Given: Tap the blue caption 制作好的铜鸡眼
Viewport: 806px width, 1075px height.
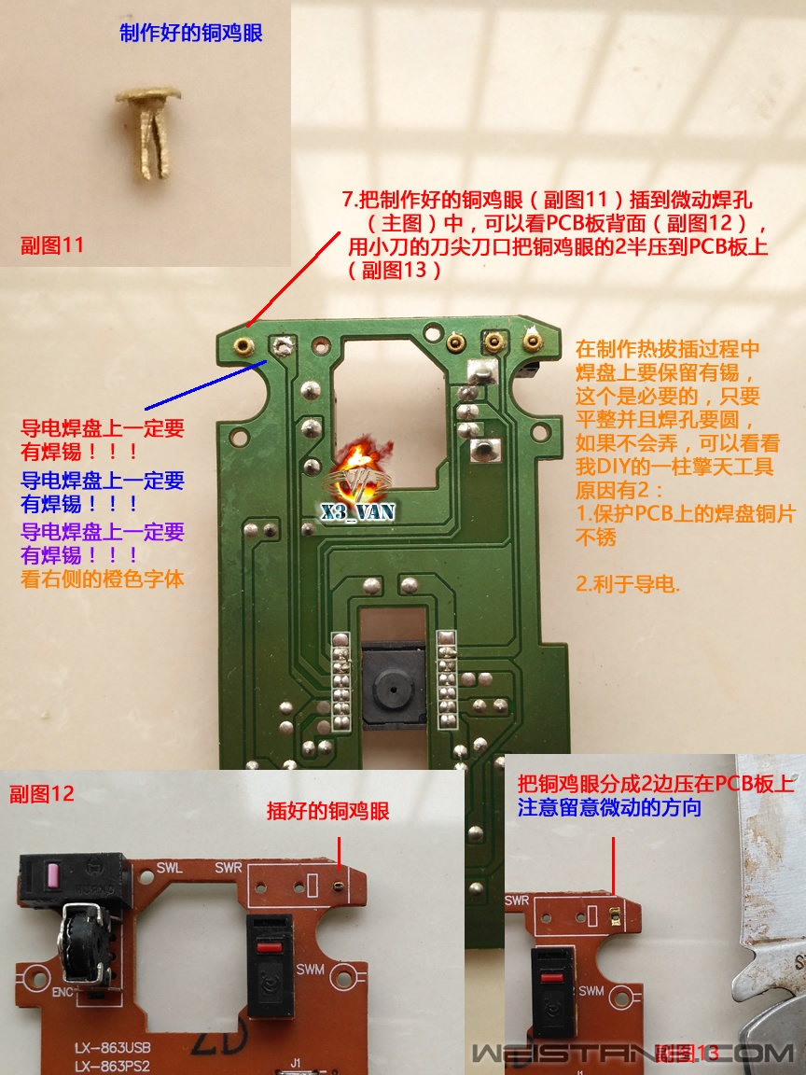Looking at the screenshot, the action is (191, 33).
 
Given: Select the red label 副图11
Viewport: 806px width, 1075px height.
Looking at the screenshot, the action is (52, 244).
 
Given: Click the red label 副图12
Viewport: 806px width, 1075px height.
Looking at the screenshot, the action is (42, 793).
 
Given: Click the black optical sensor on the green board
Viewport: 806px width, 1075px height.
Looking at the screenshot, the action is (394, 683).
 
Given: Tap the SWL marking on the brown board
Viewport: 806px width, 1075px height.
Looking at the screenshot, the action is (169, 868).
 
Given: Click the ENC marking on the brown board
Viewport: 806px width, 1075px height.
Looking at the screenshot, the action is (63, 992).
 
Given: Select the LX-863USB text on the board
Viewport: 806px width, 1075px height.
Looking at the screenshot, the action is (112, 1048).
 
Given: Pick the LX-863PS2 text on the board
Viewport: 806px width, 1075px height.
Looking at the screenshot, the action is (112, 1066).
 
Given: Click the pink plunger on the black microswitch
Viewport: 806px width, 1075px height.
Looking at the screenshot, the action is (52, 874).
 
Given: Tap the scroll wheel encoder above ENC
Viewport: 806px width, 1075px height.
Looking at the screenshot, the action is (85, 942).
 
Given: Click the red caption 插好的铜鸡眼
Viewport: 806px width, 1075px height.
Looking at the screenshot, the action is (328, 811).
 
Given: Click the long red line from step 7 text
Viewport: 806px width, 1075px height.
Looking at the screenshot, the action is (293, 278).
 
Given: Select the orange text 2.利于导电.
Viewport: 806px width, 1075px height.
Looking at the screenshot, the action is (628, 584).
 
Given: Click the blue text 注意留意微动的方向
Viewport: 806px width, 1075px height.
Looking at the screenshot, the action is (609, 807).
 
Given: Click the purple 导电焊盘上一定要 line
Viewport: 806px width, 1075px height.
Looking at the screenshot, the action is (103, 532).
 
